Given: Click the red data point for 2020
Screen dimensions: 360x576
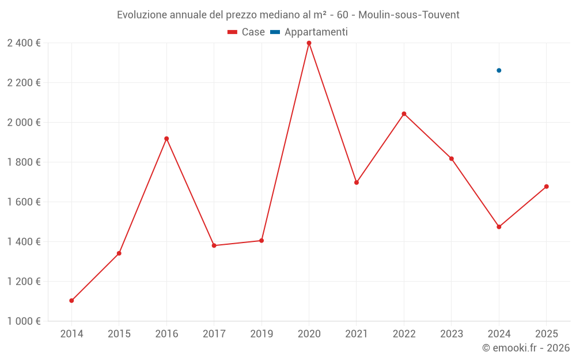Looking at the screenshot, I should (309, 43).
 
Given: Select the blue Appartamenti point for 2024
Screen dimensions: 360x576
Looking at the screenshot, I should (499, 70).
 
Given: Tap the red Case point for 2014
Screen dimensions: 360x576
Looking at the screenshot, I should (71, 301).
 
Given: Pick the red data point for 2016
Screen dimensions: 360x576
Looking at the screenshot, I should (166, 139).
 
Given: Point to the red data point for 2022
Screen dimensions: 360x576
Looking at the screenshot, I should (404, 113).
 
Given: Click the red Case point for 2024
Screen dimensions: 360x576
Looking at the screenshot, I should (499, 227).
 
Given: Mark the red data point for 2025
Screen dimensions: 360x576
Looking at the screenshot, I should (546, 187).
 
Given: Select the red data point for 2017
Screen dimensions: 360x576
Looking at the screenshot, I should (214, 246).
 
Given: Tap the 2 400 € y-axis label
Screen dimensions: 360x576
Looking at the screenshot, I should (24, 43).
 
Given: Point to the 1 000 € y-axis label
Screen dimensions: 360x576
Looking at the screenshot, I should (24, 321).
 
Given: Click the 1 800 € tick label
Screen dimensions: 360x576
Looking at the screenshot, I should (24, 162).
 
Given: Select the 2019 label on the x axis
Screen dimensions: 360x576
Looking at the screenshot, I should (262, 334).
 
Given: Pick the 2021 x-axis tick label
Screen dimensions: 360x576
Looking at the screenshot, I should (357, 334).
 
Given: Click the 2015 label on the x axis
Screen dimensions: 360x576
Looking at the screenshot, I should (119, 334).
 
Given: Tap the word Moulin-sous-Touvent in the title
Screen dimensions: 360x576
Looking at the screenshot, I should (409, 14).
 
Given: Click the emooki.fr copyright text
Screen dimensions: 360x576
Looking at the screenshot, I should (525, 348).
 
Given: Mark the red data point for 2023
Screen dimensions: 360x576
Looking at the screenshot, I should (452, 158).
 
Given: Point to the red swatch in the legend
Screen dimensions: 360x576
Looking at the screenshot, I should (233, 32).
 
